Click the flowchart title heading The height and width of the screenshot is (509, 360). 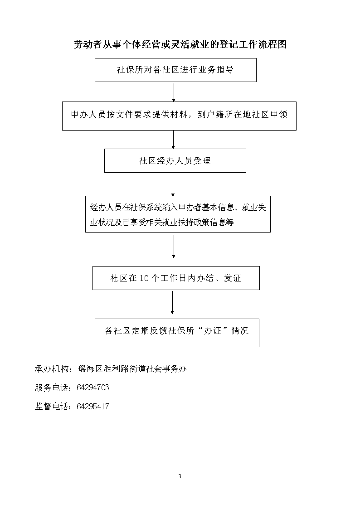[x=180, y=44]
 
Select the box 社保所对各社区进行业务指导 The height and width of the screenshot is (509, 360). [x=175, y=70]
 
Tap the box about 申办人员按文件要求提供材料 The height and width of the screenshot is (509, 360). [x=179, y=116]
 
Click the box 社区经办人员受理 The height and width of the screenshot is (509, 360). [x=175, y=161]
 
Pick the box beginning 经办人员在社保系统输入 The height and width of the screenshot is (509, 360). [x=178, y=214]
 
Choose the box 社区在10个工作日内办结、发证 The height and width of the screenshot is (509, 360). [x=176, y=278]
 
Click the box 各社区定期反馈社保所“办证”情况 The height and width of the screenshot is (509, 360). [x=177, y=333]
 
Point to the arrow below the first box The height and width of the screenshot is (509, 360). [x=174, y=92]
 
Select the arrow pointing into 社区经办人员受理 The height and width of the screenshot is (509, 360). [x=173, y=140]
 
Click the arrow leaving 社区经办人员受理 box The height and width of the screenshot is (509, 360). [x=173, y=184]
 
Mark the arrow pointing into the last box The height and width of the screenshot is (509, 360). [x=172, y=302]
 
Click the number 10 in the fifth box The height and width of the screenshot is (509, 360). [x=144, y=278]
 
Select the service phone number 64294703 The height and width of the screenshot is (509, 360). [x=93, y=388]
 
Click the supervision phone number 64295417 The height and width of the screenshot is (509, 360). [x=93, y=407]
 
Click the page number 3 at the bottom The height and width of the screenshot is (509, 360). [x=180, y=476]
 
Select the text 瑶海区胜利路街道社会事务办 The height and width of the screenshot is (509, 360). [x=132, y=369]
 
